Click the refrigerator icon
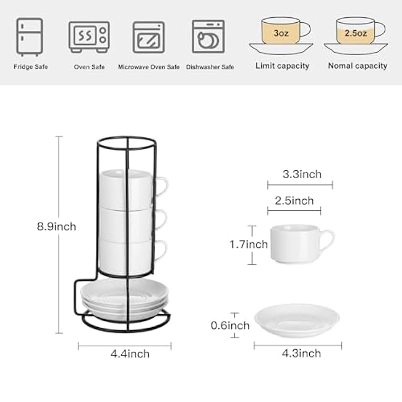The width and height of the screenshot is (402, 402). [30, 37]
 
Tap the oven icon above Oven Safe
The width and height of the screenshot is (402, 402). [89, 37]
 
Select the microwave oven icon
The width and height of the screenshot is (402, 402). [148, 37]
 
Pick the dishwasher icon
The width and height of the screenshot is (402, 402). [208, 36]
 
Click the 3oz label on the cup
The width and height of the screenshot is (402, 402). [281, 33]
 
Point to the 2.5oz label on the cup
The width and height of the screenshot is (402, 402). [356, 33]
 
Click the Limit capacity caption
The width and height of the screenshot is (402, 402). [282, 66]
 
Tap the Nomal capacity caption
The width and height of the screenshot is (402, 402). [357, 66]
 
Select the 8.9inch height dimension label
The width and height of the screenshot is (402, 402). [57, 226]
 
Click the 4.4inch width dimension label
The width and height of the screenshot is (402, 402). [130, 354]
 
